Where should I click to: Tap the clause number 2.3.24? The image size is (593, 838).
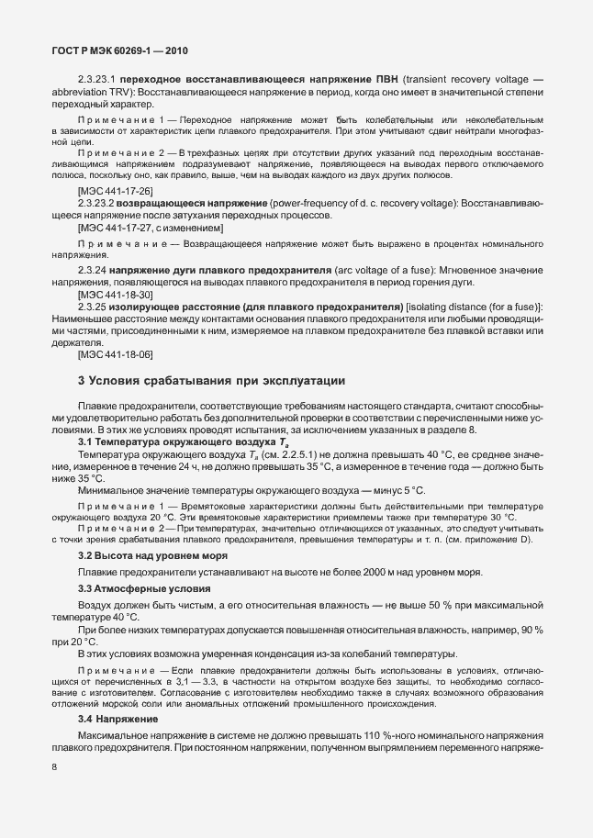point(92,271)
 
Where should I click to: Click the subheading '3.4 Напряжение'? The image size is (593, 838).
point(111,718)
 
